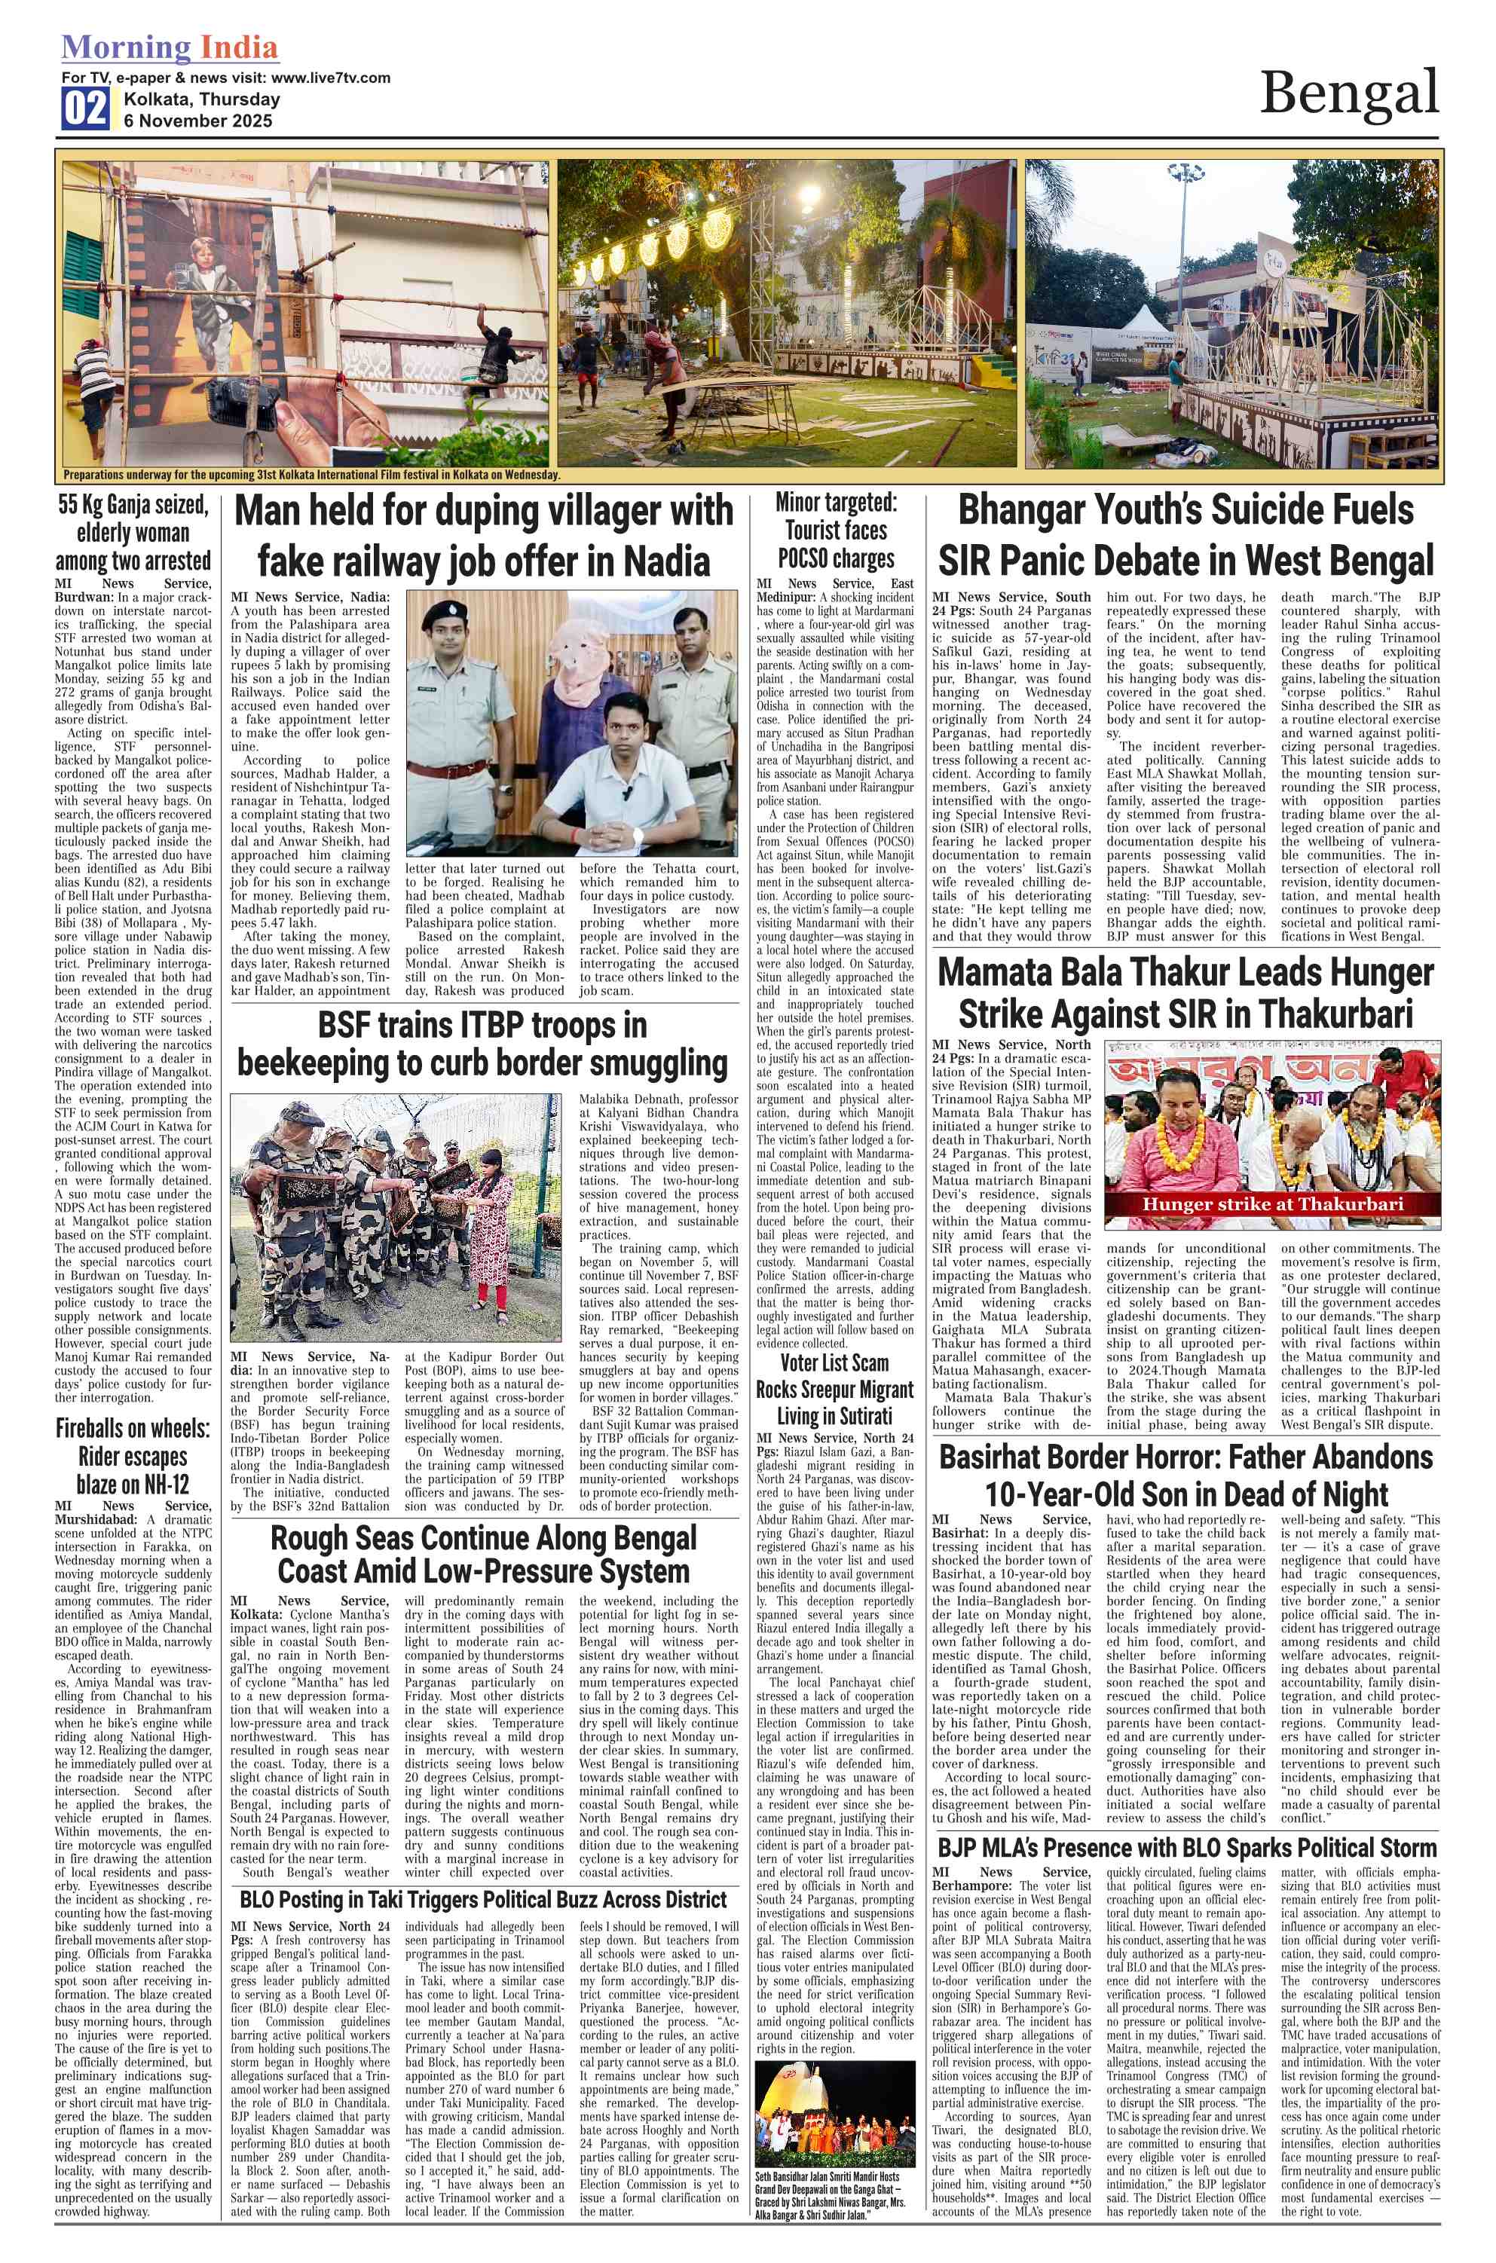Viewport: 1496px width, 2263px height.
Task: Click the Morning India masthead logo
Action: (x=170, y=47)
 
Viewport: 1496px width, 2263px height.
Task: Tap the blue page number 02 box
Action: (x=85, y=109)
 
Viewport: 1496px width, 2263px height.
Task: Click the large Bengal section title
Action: (x=1348, y=93)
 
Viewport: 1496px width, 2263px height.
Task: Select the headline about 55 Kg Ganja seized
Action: (x=133, y=532)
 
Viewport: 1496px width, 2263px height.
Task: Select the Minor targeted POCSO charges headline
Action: (x=836, y=531)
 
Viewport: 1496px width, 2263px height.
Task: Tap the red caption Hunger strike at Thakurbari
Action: (x=1273, y=1204)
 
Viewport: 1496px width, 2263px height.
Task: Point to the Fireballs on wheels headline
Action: (x=133, y=1456)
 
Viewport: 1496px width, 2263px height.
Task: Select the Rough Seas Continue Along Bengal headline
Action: (x=483, y=1555)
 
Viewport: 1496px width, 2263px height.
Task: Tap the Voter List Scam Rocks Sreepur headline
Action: (x=834, y=1389)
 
